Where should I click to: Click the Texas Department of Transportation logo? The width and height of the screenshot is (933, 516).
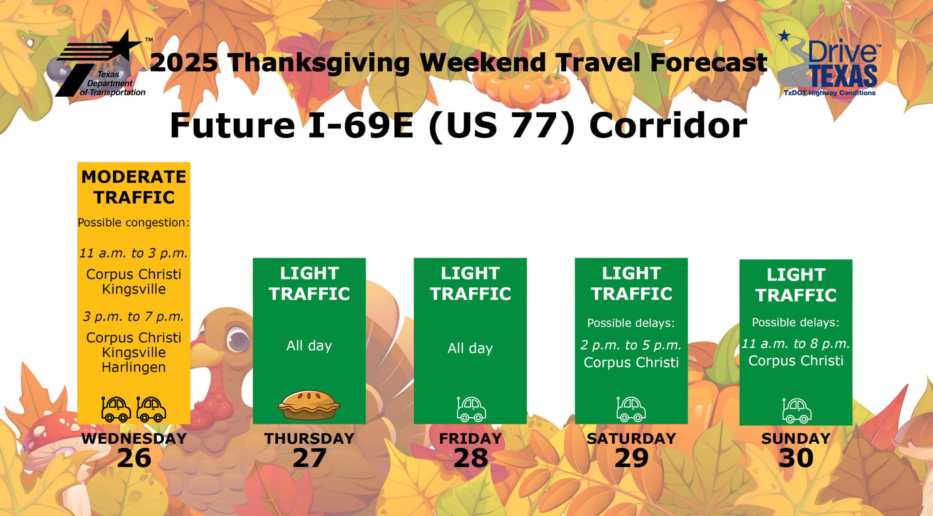pyautogui.click(x=100, y=64)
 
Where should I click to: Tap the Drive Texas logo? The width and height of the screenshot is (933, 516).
pyautogui.click(x=829, y=64)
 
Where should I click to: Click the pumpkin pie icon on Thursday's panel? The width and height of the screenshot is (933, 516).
pyautogui.click(x=309, y=405)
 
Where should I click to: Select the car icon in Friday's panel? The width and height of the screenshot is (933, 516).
pyautogui.click(x=471, y=409)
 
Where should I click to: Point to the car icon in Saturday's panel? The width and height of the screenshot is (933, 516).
pyautogui.click(x=631, y=409)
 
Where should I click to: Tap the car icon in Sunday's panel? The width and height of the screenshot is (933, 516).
pyautogui.click(x=797, y=411)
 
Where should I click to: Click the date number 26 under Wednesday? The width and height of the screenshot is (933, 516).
pyautogui.click(x=134, y=458)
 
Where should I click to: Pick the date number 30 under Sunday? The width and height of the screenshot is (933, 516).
pyautogui.click(x=796, y=458)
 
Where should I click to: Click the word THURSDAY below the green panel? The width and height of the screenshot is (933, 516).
pyautogui.click(x=309, y=439)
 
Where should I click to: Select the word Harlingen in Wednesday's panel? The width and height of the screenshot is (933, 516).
pyautogui.click(x=134, y=367)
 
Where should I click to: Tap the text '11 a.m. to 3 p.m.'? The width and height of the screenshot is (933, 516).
pyautogui.click(x=134, y=253)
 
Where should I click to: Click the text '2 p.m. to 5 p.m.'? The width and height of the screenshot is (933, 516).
pyautogui.click(x=631, y=345)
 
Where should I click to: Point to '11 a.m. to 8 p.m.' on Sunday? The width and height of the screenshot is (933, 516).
pyautogui.click(x=796, y=344)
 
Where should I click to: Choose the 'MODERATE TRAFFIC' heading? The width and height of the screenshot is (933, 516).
pyautogui.click(x=134, y=187)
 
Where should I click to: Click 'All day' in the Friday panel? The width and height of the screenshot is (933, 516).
pyautogui.click(x=470, y=348)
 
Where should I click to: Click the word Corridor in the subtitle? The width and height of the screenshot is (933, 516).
pyautogui.click(x=668, y=126)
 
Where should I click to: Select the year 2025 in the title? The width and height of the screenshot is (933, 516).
pyautogui.click(x=184, y=63)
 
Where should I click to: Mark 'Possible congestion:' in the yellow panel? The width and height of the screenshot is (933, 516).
pyautogui.click(x=134, y=222)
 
